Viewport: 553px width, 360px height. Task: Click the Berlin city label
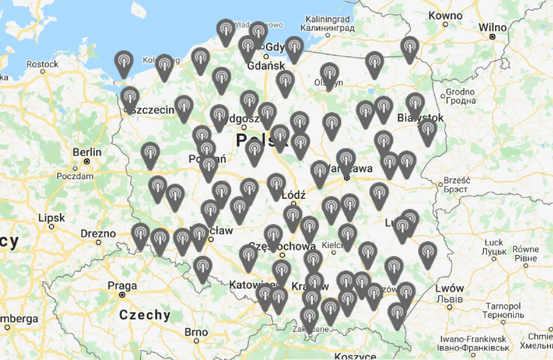(87, 152)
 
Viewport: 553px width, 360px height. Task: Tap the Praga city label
(122, 286)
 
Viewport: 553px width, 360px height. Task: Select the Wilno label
(493, 28)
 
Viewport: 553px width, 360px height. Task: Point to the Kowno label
(445, 16)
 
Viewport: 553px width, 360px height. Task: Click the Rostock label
(42, 64)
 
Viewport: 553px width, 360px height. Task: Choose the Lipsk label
(51, 218)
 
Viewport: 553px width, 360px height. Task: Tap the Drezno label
(98, 234)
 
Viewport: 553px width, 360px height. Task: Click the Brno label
(196, 332)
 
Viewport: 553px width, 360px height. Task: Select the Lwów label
(450, 288)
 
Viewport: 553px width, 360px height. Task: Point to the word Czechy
(145, 315)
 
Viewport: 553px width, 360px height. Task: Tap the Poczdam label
(75, 176)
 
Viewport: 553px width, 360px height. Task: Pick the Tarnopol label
(503, 306)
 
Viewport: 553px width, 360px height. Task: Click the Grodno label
(460, 92)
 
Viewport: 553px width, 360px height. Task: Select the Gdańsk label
(266, 66)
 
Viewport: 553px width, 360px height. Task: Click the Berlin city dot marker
(87, 161)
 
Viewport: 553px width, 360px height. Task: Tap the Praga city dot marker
(122, 295)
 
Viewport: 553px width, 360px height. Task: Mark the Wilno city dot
(493, 37)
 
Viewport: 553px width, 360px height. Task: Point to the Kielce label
(333, 244)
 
